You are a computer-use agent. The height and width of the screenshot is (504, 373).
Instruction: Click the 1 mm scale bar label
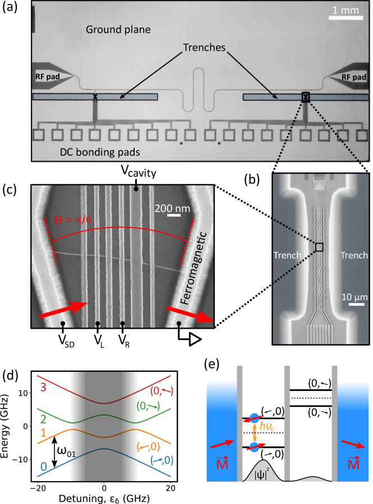[x=346, y=10]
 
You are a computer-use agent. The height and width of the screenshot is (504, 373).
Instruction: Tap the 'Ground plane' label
[x=118, y=30]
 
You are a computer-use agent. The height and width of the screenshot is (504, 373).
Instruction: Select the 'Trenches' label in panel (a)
[x=204, y=47]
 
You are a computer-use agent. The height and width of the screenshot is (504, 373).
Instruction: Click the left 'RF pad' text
[x=47, y=77]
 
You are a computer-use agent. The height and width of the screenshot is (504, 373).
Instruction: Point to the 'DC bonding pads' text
[x=100, y=152]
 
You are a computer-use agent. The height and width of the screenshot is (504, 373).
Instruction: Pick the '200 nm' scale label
[x=172, y=208]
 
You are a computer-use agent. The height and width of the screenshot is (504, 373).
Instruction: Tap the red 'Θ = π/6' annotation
[x=72, y=220]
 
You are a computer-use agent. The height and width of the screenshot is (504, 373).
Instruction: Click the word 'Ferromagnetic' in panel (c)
[x=193, y=268]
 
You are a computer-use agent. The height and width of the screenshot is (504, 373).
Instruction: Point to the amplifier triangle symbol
[x=195, y=339]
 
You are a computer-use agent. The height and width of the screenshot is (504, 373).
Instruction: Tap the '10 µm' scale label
[x=354, y=297]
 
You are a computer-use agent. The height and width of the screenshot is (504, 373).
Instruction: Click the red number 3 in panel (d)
[x=43, y=387]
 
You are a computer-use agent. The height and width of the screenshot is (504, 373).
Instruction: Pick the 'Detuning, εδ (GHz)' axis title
[x=104, y=499]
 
